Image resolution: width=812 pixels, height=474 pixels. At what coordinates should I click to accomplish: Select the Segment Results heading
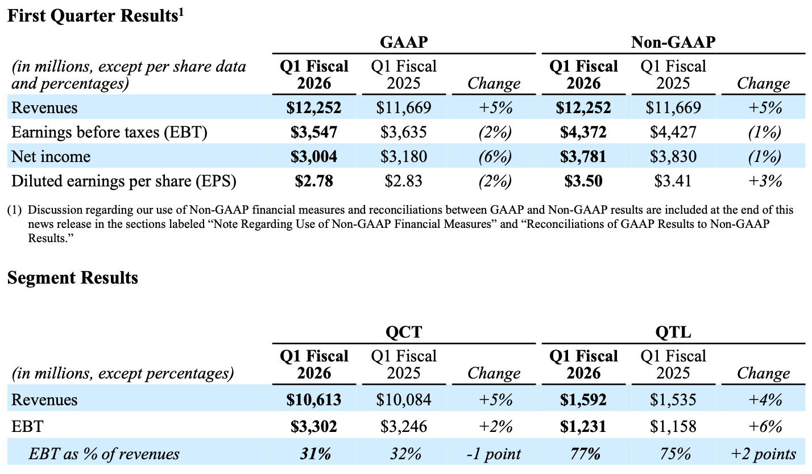(x=72, y=278)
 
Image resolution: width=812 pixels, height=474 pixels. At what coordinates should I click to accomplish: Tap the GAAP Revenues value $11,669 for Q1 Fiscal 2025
(x=404, y=107)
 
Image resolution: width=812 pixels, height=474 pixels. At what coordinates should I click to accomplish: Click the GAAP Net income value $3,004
(x=314, y=156)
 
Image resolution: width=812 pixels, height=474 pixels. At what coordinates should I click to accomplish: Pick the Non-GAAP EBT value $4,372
(x=583, y=132)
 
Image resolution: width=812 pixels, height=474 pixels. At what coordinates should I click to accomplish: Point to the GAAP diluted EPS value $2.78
(x=314, y=181)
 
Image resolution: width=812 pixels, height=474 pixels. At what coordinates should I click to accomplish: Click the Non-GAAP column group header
(x=673, y=42)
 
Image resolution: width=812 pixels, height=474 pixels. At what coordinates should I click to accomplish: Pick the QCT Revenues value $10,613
(x=314, y=399)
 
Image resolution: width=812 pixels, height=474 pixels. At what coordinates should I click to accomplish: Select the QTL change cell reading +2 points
(x=763, y=454)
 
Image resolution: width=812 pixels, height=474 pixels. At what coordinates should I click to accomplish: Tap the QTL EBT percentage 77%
(x=583, y=454)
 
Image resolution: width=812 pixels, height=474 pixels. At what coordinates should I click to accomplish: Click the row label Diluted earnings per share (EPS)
(x=124, y=181)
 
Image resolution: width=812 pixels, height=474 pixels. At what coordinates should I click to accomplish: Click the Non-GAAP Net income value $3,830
(x=673, y=156)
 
